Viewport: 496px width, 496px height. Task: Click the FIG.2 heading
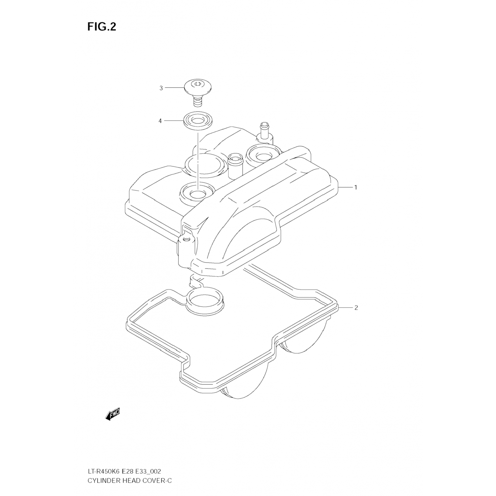(102, 27)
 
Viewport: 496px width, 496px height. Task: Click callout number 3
(161, 88)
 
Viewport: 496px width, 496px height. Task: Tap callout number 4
(160, 121)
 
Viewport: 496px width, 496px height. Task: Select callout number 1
(356, 187)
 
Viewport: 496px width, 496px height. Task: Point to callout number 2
(356, 308)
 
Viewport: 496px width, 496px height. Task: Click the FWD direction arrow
(112, 414)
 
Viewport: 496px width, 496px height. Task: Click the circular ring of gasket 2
(204, 301)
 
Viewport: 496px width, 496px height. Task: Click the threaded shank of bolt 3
(198, 101)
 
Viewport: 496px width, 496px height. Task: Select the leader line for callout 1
(346, 187)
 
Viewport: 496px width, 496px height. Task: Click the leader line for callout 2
(346, 308)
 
